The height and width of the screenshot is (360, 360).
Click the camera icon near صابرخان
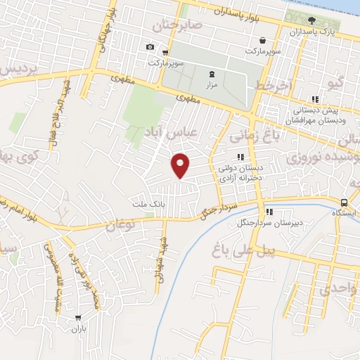point(150,47)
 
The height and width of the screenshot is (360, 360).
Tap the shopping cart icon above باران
point(77,318)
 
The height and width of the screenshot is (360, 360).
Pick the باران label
point(77,328)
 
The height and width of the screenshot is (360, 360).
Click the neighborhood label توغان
point(120,225)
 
